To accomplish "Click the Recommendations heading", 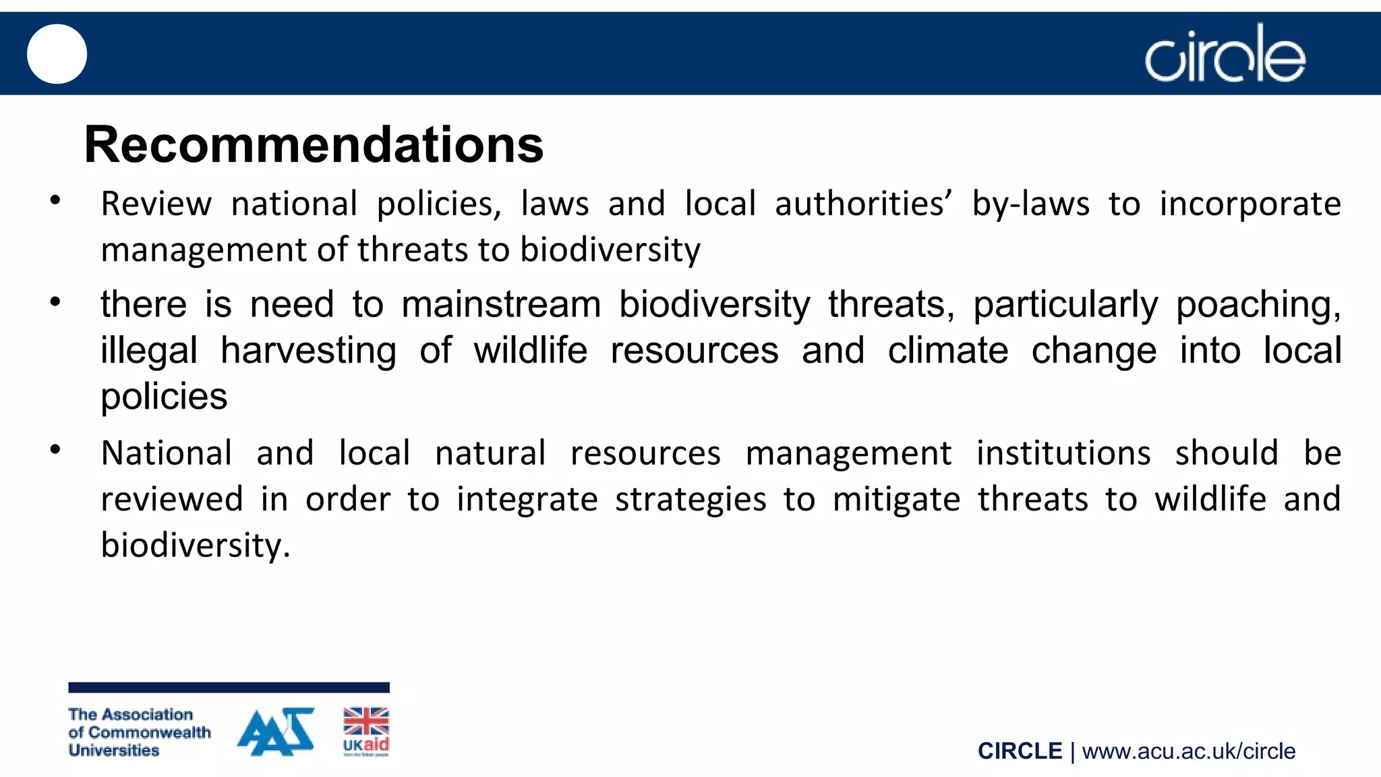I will pyautogui.click(x=314, y=144).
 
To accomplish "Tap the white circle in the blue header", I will pyautogui.click(x=57, y=54).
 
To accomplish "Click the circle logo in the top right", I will pyautogui.click(x=1225, y=54).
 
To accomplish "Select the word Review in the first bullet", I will pyautogui.click(x=156, y=204).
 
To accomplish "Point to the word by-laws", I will pyautogui.click(x=1030, y=204).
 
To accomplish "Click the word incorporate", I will pyautogui.click(x=1250, y=204).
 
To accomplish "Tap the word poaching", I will pyautogui.click(x=1258, y=305).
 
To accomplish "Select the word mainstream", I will pyautogui.click(x=501, y=304).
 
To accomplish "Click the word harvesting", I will pyautogui.click(x=309, y=351).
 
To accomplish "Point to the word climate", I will pyautogui.click(x=947, y=351).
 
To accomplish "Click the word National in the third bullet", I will pyautogui.click(x=167, y=453).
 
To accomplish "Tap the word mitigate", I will pyautogui.click(x=896, y=500).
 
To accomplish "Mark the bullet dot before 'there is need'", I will pyautogui.click(x=55, y=301).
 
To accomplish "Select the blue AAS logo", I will pyautogui.click(x=276, y=731).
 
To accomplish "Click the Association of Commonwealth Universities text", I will pyautogui.click(x=139, y=732).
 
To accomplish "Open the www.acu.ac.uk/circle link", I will pyautogui.click(x=1189, y=751).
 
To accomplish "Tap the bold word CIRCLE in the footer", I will pyautogui.click(x=1020, y=751).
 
